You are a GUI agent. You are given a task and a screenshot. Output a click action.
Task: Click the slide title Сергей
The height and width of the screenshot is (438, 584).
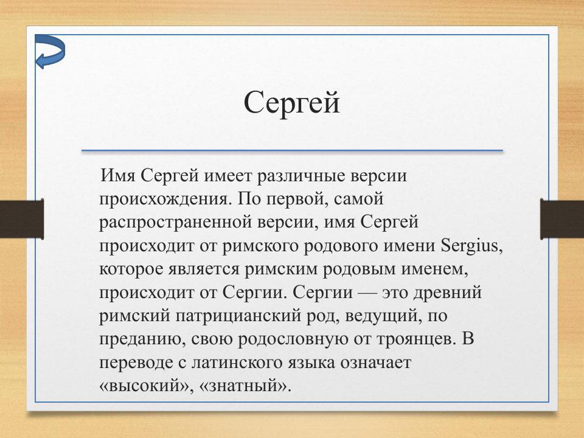(x=291, y=102)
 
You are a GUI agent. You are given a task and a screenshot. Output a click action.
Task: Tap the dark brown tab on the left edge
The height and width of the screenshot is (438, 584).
(x=21, y=218)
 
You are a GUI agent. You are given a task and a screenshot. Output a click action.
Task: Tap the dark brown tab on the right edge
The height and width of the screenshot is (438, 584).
(x=562, y=218)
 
